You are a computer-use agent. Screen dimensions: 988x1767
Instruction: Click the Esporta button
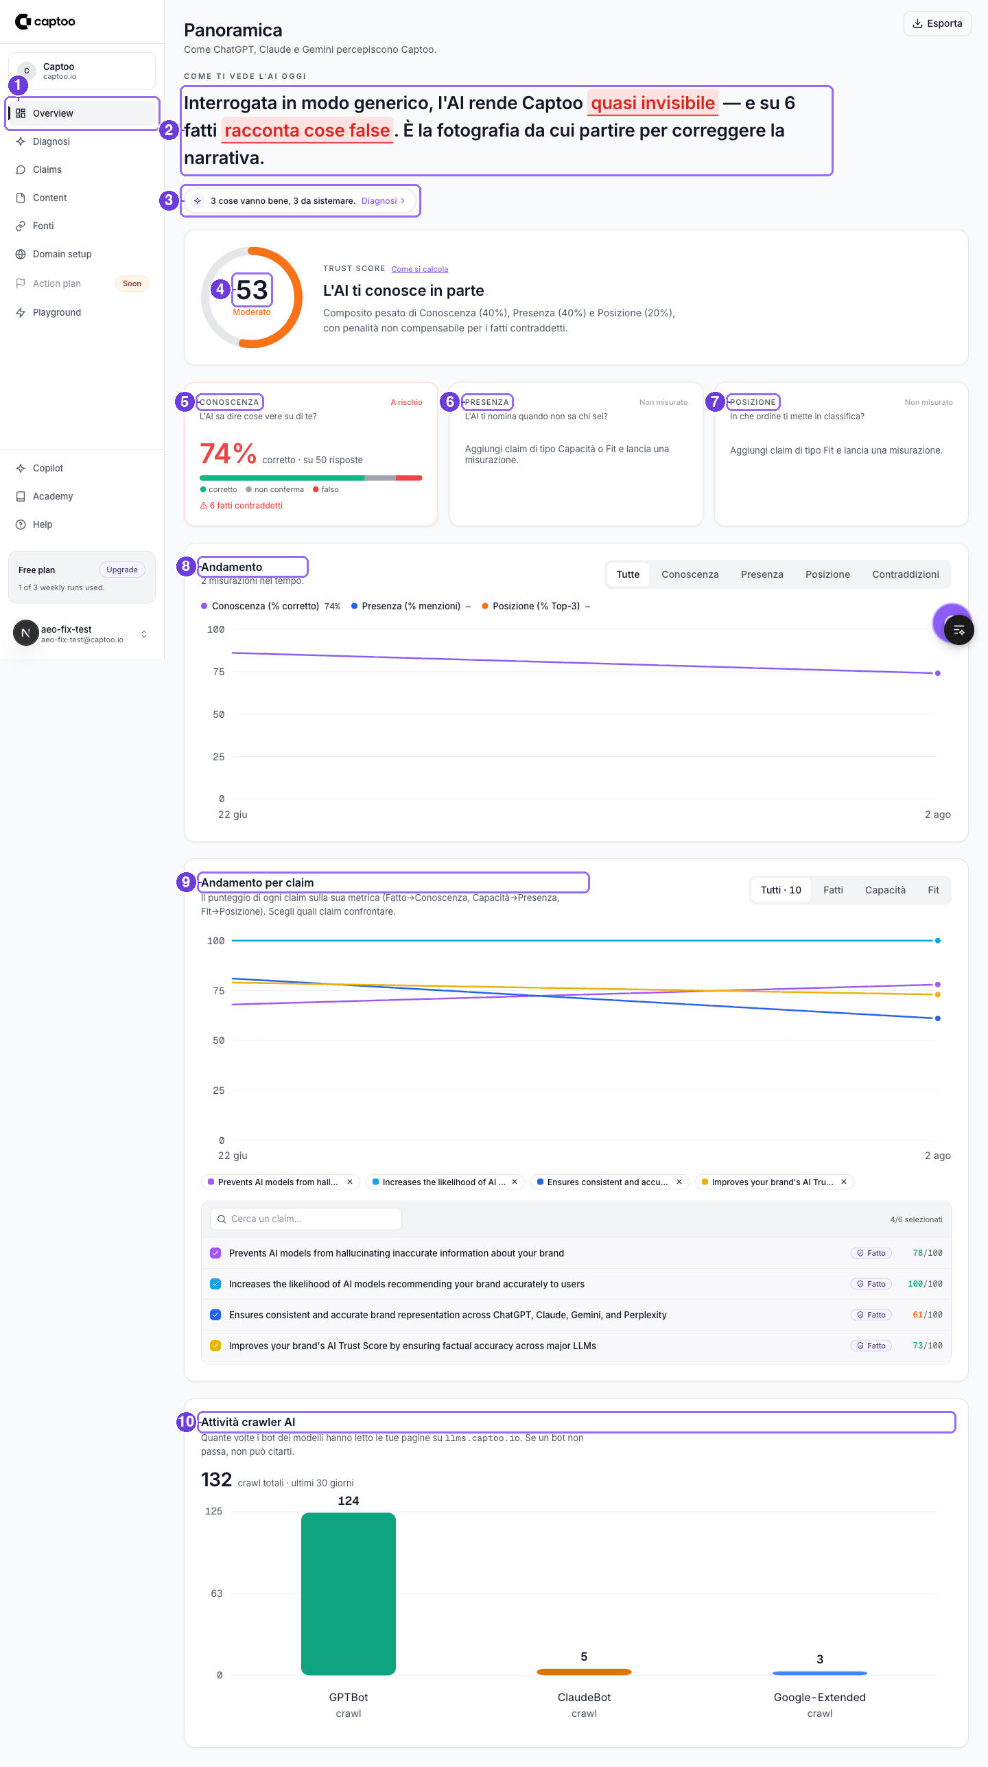pyautogui.click(x=937, y=23)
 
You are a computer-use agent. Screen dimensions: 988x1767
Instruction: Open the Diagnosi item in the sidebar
pyautogui.click(x=51, y=141)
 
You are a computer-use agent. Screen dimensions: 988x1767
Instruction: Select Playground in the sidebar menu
pyautogui.click(x=57, y=312)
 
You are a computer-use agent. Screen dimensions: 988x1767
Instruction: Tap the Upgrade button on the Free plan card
pyautogui.click(x=122, y=570)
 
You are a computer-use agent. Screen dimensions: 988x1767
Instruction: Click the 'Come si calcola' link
pyautogui.click(x=420, y=269)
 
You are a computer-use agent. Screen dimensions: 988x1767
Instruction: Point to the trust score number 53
pyautogui.click(x=252, y=290)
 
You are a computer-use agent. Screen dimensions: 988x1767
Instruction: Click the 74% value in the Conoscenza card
pyautogui.click(x=228, y=453)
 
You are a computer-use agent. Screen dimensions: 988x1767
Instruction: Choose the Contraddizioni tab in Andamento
pyautogui.click(x=905, y=574)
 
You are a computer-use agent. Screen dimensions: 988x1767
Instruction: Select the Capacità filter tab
pyautogui.click(x=885, y=890)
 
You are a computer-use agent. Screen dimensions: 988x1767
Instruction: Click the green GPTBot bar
pyautogui.click(x=349, y=1593)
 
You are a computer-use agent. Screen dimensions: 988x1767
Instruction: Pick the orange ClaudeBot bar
pyautogui.click(x=584, y=1672)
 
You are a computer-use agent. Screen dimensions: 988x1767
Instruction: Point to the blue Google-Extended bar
pyautogui.click(x=820, y=1673)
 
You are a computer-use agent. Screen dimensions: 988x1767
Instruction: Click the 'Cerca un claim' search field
pyautogui.click(x=306, y=1219)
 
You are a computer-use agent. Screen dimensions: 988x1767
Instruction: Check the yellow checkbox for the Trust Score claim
pyautogui.click(x=215, y=1346)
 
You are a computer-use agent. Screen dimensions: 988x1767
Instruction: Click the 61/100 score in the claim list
pyautogui.click(x=927, y=1315)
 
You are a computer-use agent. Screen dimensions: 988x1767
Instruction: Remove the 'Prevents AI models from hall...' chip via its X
pyautogui.click(x=350, y=1182)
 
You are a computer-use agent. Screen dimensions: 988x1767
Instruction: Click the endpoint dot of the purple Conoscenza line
pyautogui.click(x=938, y=673)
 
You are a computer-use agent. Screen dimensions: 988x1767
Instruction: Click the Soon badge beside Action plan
pyautogui.click(x=132, y=283)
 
